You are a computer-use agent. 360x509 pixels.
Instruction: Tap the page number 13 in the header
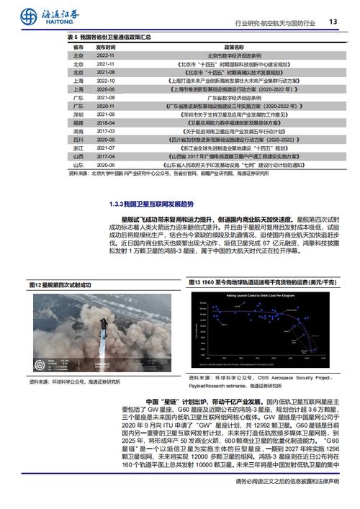coord(333,21)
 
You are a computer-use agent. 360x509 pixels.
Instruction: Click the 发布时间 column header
coord(106,46)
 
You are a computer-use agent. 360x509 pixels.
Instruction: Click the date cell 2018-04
coord(106,124)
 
